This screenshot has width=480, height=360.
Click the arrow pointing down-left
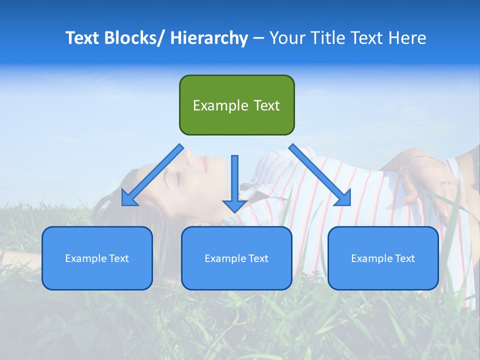point(152,175)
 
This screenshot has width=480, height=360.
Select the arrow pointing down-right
point(320,175)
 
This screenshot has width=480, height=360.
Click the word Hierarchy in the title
point(209,38)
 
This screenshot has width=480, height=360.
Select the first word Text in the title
point(82,38)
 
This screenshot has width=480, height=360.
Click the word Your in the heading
point(287,38)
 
